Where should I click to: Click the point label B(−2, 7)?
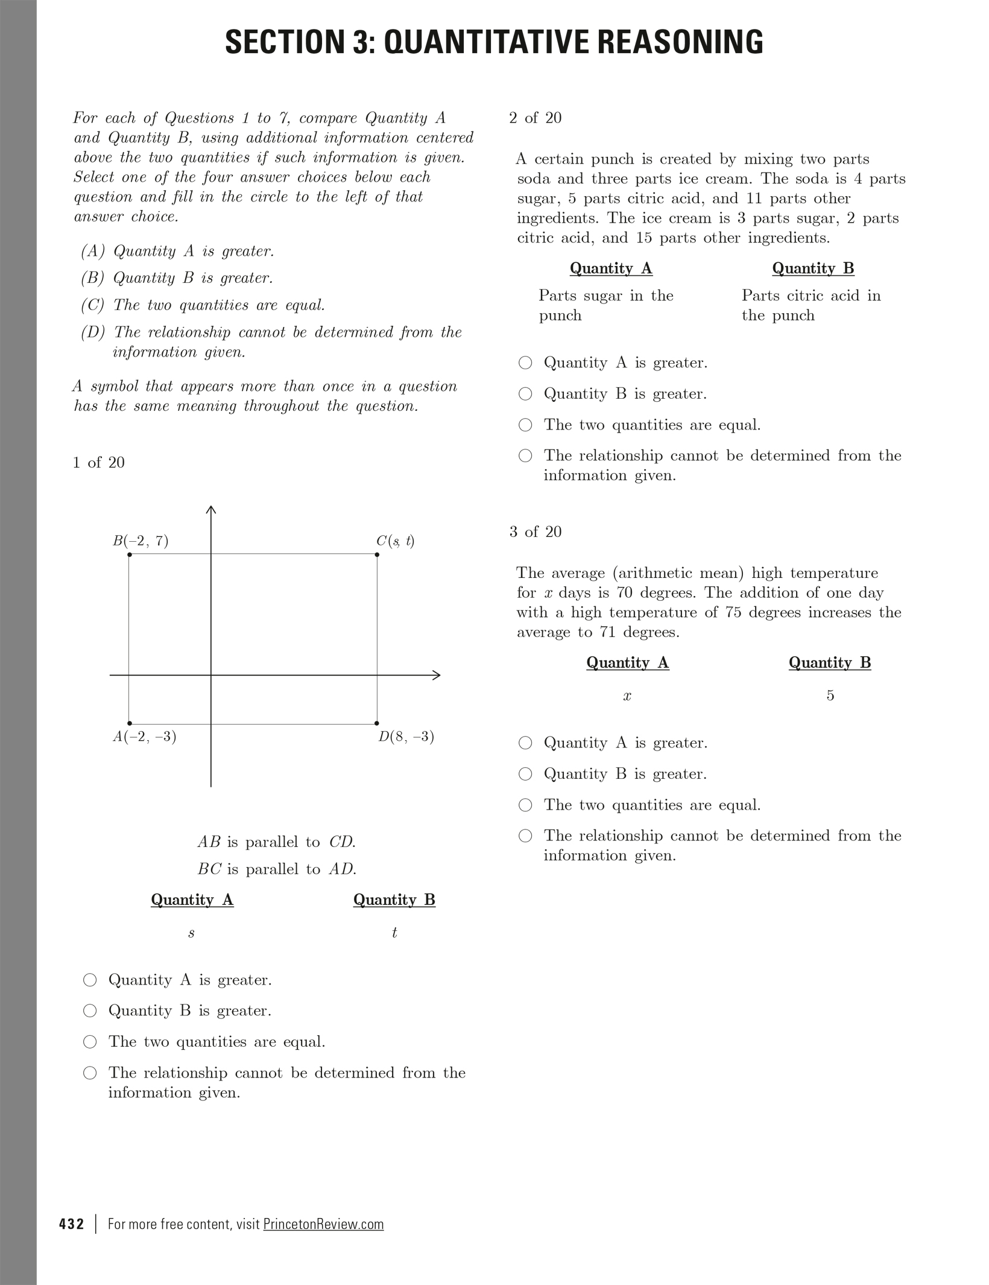coord(141,541)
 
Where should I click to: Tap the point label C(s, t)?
coord(395,541)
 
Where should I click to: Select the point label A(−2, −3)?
coord(144,737)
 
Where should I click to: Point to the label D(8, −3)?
coord(406,737)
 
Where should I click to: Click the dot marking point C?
coord(377,554)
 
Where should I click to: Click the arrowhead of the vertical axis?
coord(211,510)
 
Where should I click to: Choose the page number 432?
coord(72,1224)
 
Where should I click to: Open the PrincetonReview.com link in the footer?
coord(323,1224)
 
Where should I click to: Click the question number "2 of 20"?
coord(535,118)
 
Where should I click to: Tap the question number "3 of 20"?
coord(535,531)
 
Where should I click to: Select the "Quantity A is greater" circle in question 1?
coord(90,980)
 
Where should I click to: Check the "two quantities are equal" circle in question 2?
coord(526,425)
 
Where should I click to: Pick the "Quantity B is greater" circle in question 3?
coord(526,774)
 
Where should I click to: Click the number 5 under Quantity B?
coord(830,696)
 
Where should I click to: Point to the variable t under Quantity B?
coord(394,933)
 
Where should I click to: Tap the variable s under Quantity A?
coord(191,933)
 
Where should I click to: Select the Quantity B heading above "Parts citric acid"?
coord(813,268)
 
